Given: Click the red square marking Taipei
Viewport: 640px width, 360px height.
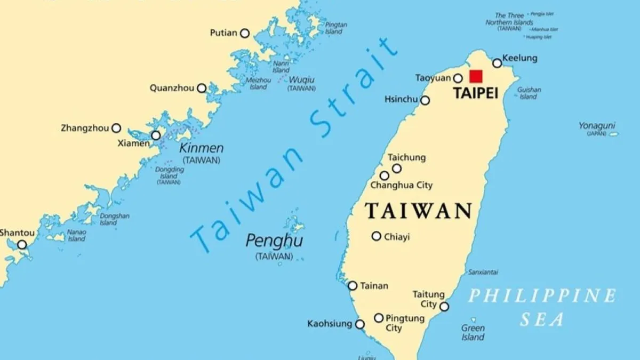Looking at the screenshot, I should (x=476, y=76).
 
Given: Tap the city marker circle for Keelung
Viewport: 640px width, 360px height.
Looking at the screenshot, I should (x=497, y=63).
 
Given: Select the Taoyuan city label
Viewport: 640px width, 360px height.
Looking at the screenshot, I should (x=433, y=78).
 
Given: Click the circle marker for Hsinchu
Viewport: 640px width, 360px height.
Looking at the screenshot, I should (x=425, y=100).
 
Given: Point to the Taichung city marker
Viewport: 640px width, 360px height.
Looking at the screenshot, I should (x=397, y=169).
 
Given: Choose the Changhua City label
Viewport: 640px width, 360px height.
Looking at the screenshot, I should (x=402, y=186).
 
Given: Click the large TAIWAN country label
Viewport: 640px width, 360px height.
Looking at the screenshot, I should (x=419, y=211).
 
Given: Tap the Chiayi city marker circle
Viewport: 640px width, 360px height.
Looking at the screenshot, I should (x=377, y=236).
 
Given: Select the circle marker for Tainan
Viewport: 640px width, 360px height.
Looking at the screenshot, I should (x=353, y=286).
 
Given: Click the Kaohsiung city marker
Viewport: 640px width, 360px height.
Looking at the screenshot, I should (x=360, y=324).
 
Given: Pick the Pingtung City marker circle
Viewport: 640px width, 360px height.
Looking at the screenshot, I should (x=379, y=318).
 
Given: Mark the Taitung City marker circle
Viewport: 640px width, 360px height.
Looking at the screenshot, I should (x=444, y=306).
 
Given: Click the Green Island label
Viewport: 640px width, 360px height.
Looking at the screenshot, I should (x=473, y=332).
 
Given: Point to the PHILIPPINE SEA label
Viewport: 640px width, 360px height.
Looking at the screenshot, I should (x=542, y=307).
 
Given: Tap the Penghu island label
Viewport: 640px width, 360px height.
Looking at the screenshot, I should (x=274, y=241).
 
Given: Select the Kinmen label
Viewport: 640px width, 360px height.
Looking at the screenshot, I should (x=201, y=148).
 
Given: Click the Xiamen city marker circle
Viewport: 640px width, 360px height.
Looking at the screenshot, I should (x=156, y=135).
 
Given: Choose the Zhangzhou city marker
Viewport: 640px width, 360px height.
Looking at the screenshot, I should (x=116, y=128).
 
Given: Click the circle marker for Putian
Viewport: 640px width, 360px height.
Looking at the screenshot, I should (x=245, y=33).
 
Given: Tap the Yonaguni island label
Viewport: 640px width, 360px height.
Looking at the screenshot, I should (x=597, y=126).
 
